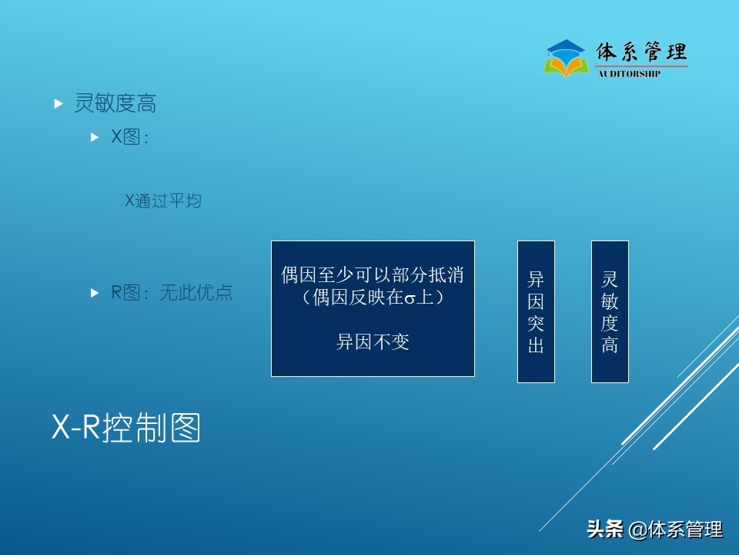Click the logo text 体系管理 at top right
(641, 52)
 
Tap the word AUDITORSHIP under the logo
(629, 74)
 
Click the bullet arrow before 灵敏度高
(59, 103)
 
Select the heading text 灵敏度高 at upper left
(115, 103)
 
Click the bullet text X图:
(130, 138)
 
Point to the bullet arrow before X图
(95, 138)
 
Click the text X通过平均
(163, 201)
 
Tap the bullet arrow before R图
(95, 293)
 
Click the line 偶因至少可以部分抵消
(373, 275)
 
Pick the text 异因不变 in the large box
(373, 342)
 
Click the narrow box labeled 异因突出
(536, 311)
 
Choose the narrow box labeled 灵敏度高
(610, 311)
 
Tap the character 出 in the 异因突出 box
(536, 345)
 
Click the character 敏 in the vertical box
(610, 301)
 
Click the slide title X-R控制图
(125, 428)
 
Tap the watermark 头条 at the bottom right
(605, 530)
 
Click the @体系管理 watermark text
(676, 530)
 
